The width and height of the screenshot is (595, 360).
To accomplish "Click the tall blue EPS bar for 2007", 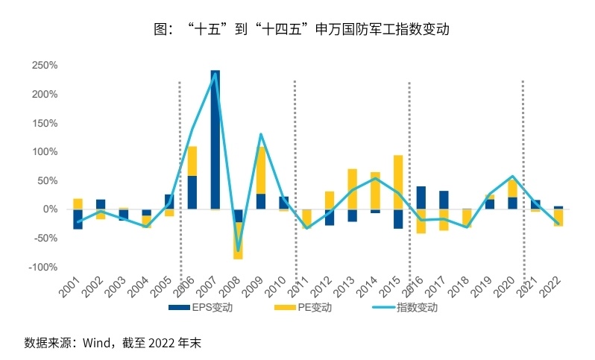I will [x=215, y=139].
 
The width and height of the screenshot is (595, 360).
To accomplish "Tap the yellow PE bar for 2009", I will [x=261, y=170].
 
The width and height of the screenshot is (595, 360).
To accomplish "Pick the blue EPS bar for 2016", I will [x=421, y=198].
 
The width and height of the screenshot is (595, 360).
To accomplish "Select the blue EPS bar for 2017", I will [x=444, y=200].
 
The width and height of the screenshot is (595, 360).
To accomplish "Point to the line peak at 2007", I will [x=215, y=73].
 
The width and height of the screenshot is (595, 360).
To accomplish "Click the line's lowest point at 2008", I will [x=238, y=251].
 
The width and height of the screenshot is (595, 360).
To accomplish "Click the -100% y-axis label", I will [x=43, y=267].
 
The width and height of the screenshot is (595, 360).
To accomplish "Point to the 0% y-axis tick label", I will [x=49, y=209].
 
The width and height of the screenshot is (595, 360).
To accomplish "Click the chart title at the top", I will [x=297, y=30].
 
